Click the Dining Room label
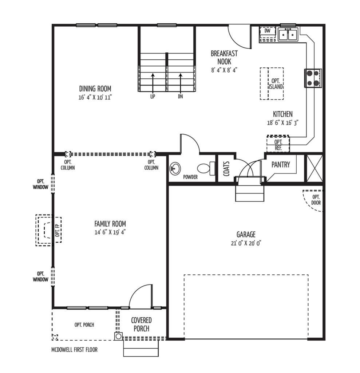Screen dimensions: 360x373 95,89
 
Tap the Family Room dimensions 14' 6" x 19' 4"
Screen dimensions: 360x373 110,232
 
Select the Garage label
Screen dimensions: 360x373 246,235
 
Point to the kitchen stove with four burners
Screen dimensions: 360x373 313,78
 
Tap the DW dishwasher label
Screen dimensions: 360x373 267,31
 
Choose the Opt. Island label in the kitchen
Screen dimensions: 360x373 276,84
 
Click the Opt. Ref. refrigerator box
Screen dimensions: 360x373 278,144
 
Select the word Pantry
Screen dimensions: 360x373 281,165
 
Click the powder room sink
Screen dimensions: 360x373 175,168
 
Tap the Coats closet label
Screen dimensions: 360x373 227,169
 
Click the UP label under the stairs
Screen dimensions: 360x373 153,97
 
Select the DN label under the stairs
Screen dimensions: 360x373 181,97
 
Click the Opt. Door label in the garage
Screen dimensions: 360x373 316,200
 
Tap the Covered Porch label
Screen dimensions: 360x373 142,325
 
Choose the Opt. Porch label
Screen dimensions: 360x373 84,325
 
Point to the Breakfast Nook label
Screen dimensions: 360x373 224,57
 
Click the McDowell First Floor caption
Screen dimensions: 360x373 74,350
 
